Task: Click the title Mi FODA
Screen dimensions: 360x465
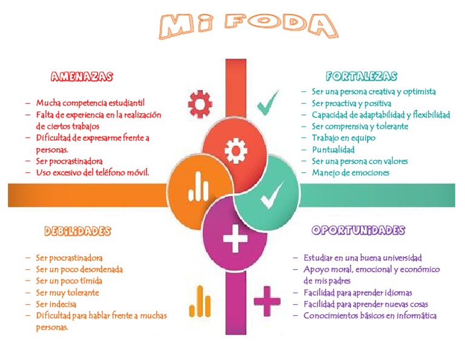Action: coord(248,26)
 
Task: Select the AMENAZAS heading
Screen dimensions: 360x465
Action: coord(82,77)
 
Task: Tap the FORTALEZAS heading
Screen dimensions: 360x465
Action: coord(361,76)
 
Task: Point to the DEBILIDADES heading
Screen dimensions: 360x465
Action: coord(77,231)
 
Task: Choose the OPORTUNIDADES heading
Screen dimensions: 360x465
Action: coord(358,230)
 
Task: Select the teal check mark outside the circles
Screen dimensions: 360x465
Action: coord(268,103)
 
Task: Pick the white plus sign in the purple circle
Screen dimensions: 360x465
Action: coord(236,239)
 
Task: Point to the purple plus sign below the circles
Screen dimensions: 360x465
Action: coord(267,300)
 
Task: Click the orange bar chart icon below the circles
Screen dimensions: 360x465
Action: coord(199,301)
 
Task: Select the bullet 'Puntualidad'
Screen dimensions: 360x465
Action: coord(333,150)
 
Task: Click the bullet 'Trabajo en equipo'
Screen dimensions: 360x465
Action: coord(343,138)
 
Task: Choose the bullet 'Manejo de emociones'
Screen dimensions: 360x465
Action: coord(351,173)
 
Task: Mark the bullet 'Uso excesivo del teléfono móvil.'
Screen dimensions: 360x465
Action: coord(93,173)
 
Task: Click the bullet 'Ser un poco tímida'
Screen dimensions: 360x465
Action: coord(69,281)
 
